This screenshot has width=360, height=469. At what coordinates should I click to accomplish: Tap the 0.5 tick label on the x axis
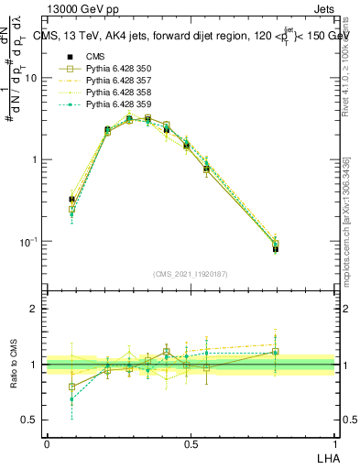(x=191, y=443)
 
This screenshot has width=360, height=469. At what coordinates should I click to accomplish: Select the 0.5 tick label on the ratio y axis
(x=31, y=420)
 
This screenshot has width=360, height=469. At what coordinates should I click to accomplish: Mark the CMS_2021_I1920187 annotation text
(x=191, y=273)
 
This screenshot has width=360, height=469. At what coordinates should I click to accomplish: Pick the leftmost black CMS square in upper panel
(x=71, y=199)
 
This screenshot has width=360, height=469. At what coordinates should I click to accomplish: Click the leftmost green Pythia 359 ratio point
(x=71, y=399)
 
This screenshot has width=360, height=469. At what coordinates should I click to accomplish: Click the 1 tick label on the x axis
(x=335, y=443)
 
